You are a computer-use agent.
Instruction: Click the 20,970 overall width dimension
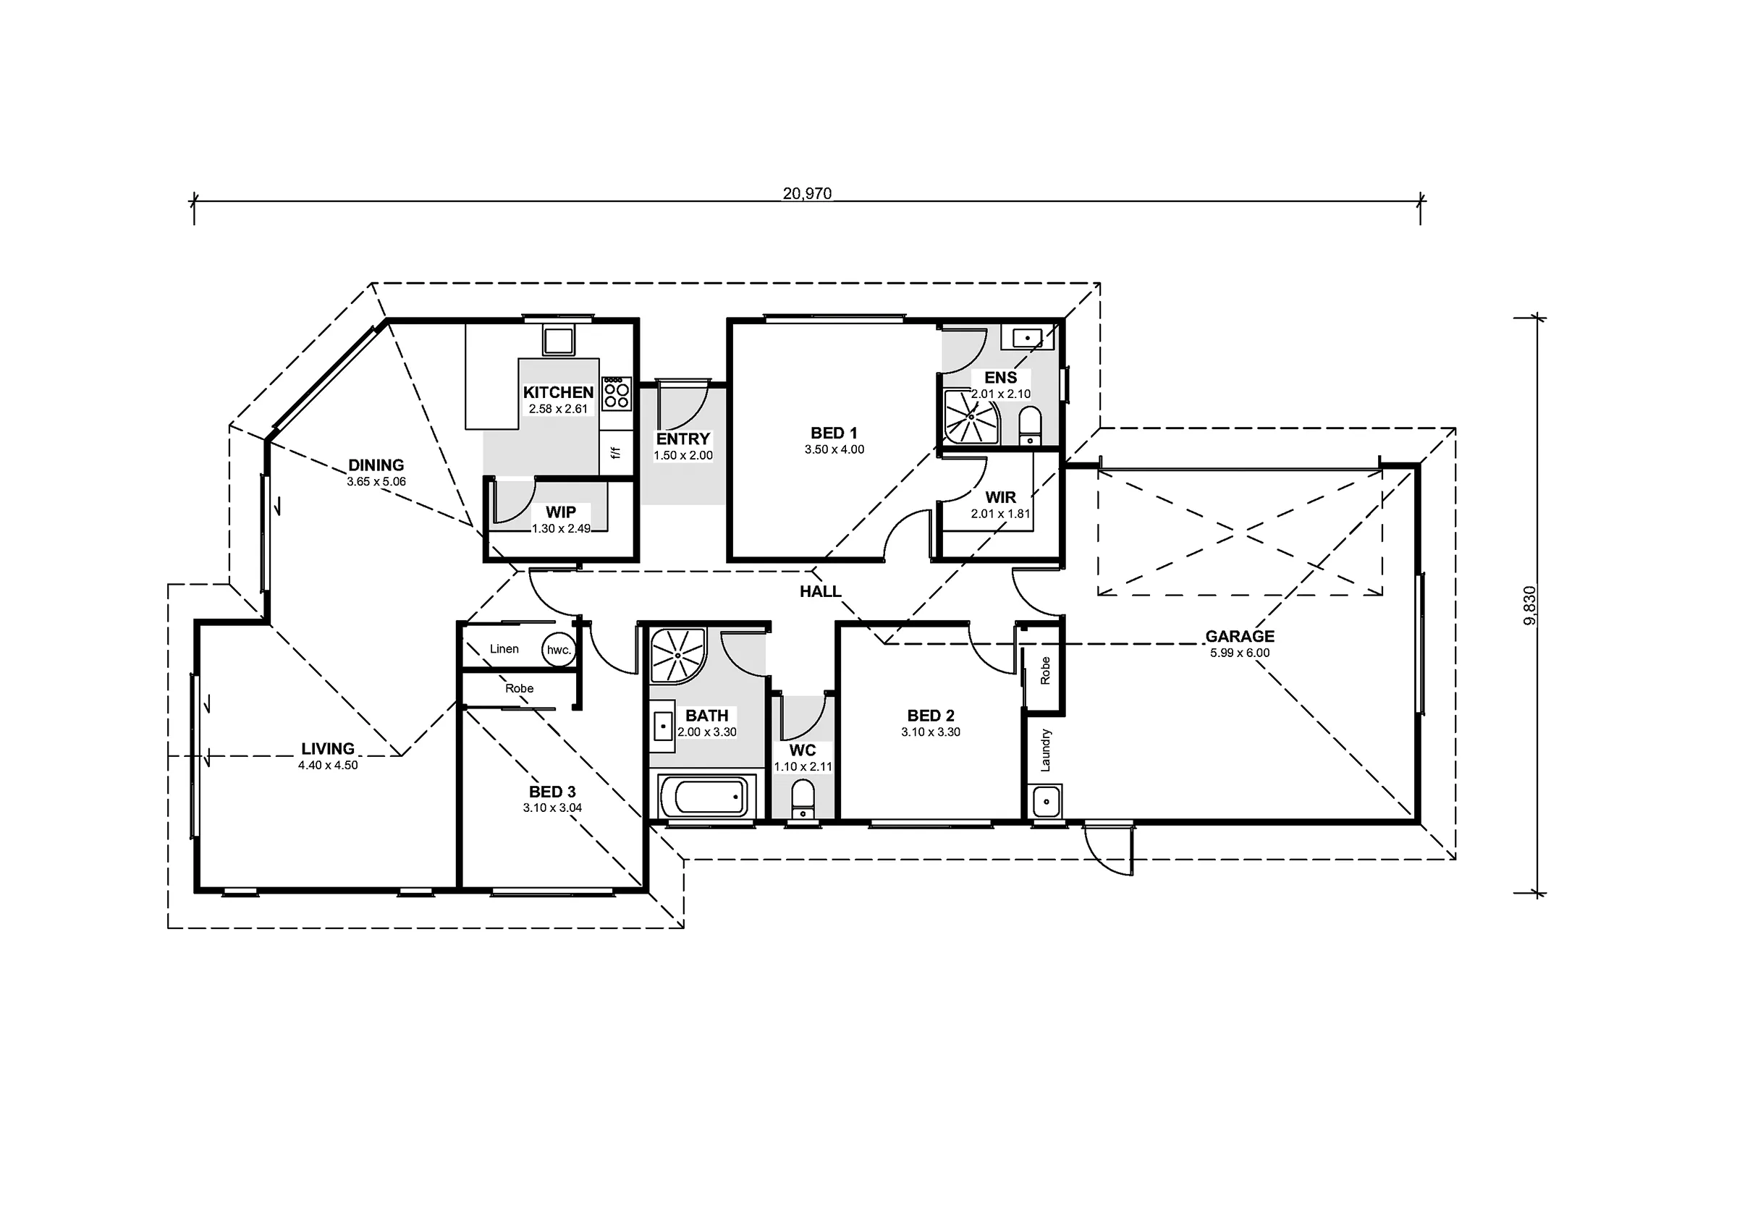coord(807,194)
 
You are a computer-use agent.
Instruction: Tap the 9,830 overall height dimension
coord(1530,605)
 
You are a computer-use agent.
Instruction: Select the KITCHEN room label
coord(558,392)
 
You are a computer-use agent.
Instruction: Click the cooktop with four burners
coord(617,394)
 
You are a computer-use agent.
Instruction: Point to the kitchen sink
coord(558,341)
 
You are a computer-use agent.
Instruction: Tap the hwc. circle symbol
coord(559,649)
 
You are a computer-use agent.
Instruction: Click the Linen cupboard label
coord(504,648)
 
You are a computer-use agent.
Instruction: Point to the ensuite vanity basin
coord(1028,337)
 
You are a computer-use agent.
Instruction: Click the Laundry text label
coord(1046,750)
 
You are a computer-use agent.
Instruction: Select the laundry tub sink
coord(1047,801)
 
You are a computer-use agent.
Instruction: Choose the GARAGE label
coord(1240,636)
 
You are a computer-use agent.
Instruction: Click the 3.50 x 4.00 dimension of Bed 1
coord(834,449)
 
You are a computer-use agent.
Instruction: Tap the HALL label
coord(821,592)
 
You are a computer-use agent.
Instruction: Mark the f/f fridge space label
coord(616,452)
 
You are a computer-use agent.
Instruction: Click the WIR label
coord(1000,497)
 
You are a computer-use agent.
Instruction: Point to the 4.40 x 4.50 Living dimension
coord(328,765)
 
